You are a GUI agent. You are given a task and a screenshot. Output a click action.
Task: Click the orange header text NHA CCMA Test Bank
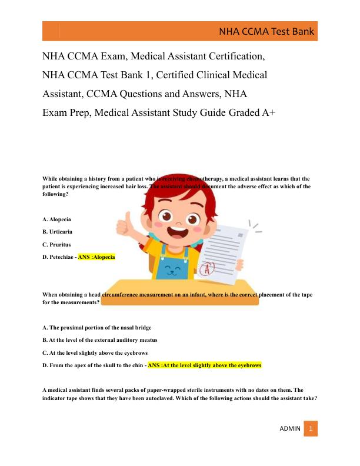pyautogui.click(x=266, y=32)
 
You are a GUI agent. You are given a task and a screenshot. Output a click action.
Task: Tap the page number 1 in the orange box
pyautogui.click(x=311, y=428)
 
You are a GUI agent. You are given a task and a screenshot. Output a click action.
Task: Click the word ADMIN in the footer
pyautogui.click(x=289, y=428)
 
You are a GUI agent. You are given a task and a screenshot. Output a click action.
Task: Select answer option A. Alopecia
pyautogui.click(x=57, y=219)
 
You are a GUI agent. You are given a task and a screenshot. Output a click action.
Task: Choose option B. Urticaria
pyautogui.click(x=58, y=231)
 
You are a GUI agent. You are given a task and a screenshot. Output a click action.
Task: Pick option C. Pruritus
pyautogui.click(x=57, y=244)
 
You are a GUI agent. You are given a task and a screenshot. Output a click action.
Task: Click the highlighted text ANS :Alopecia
pyautogui.click(x=96, y=257)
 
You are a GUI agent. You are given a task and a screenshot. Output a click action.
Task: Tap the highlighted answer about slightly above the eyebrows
pyautogui.click(x=204, y=365)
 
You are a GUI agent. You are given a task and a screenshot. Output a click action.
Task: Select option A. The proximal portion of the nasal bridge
pyautogui.click(x=97, y=327)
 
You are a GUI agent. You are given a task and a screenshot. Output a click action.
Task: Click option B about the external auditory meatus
pyautogui.click(x=100, y=340)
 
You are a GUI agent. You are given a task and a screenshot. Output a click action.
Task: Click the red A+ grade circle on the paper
pyautogui.click(x=206, y=269)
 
